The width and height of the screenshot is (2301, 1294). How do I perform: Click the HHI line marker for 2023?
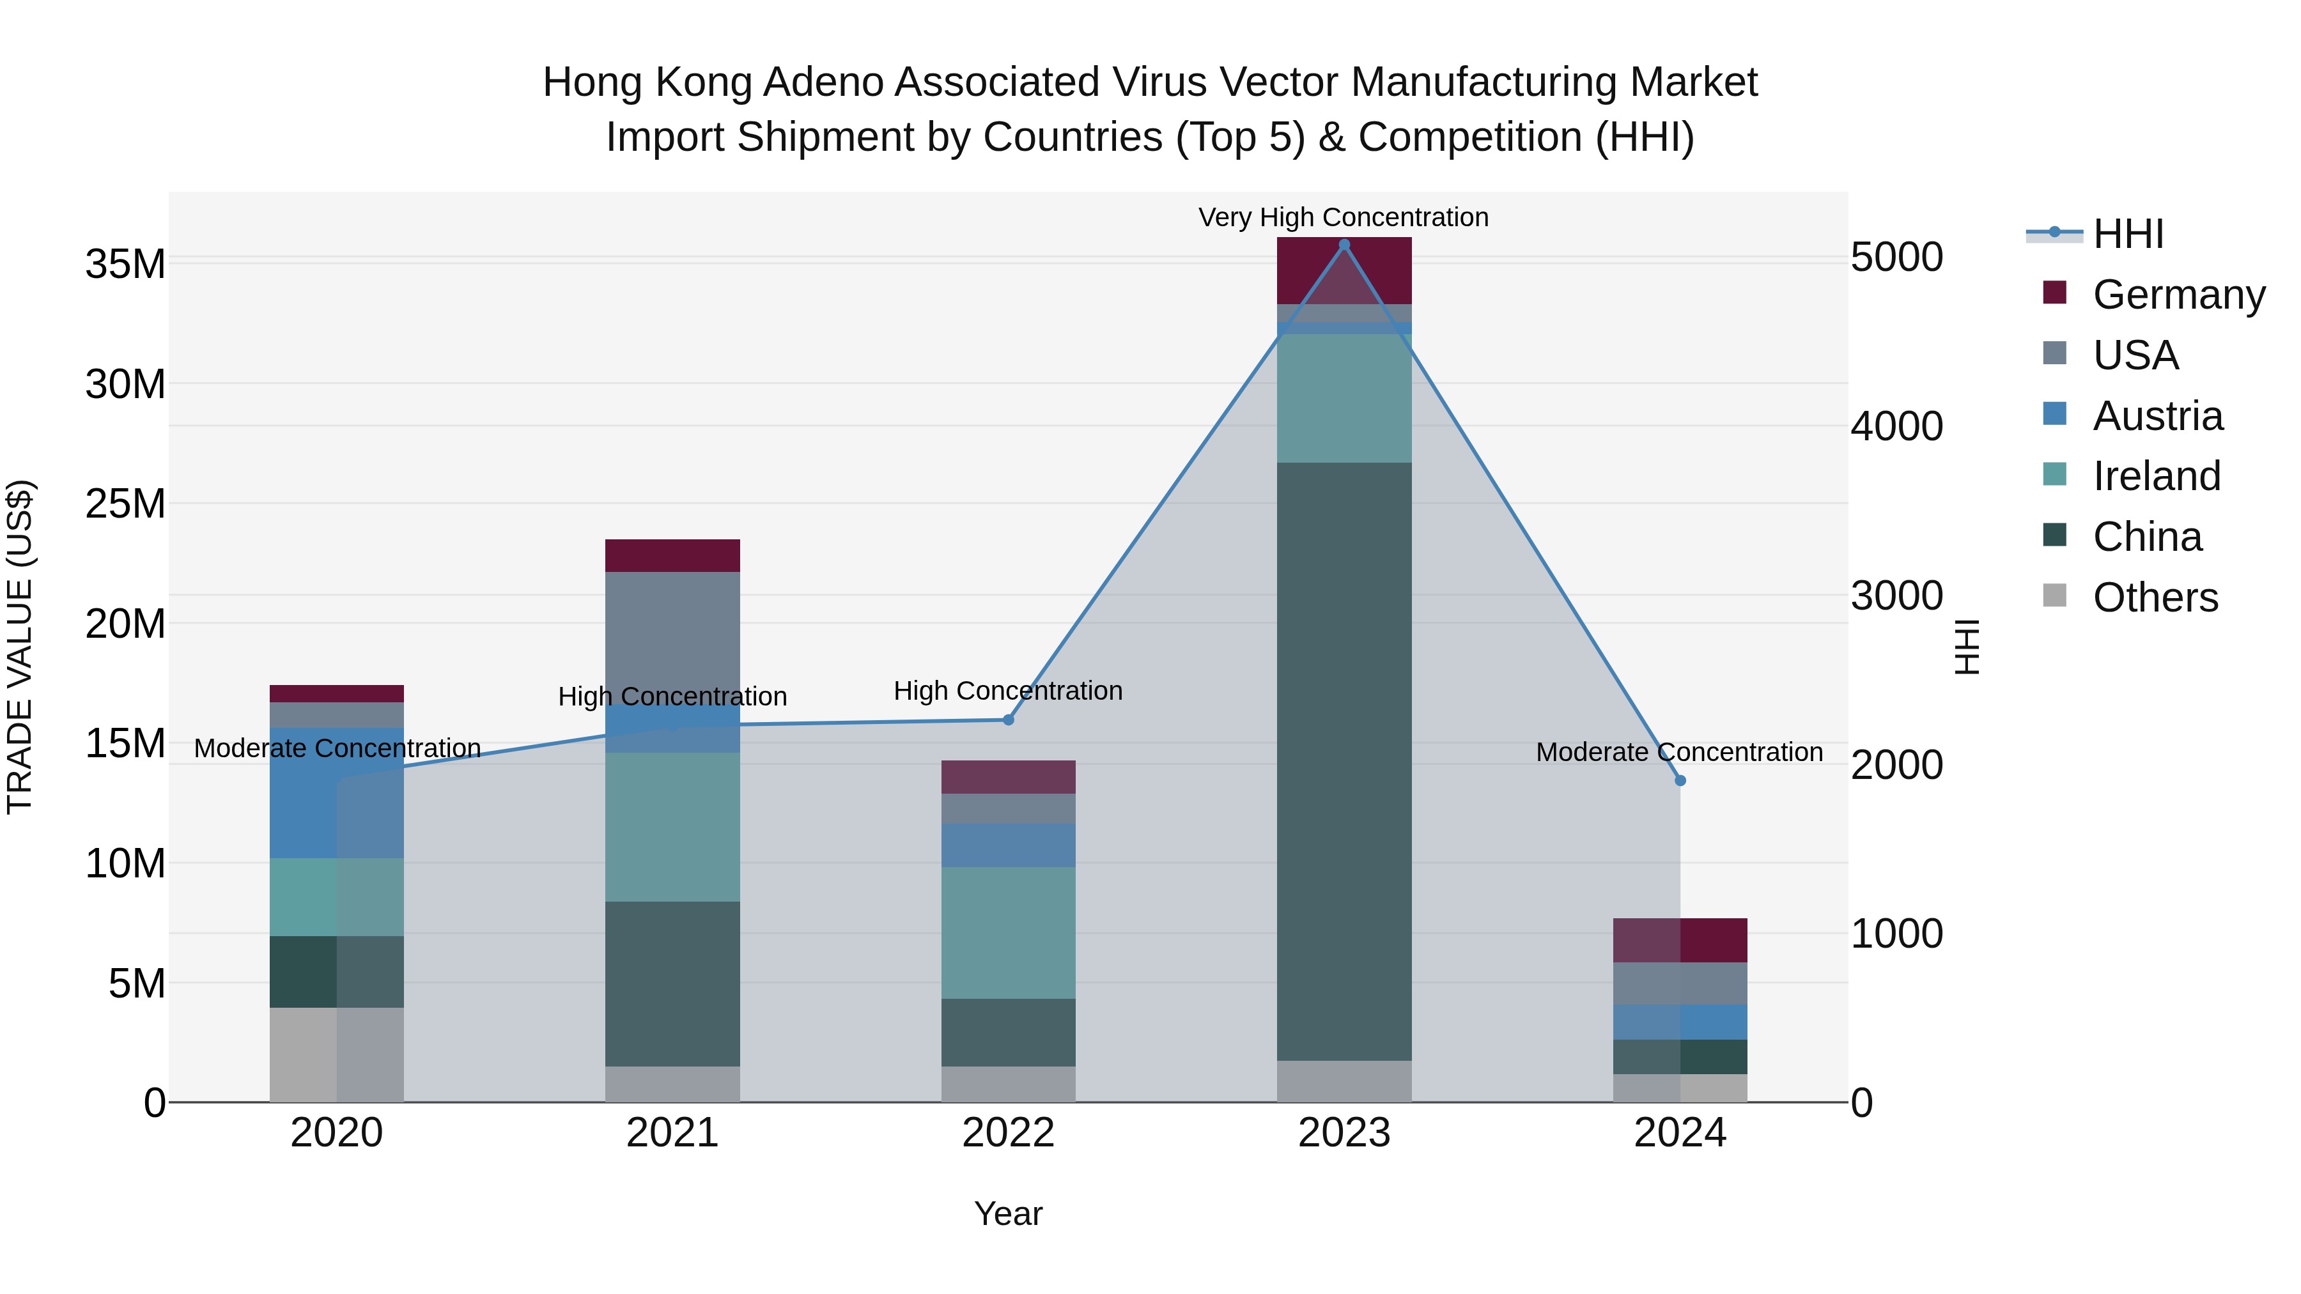pos(1344,245)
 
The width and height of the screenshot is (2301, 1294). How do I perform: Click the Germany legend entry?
pos(2178,295)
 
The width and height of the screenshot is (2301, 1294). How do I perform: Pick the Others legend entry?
pos(2155,597)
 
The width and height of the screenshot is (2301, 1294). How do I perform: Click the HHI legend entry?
pos(2128,234)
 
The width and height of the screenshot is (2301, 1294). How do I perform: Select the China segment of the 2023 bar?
pos(1344,759)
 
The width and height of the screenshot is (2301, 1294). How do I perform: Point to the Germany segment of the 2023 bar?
pos(1344,270)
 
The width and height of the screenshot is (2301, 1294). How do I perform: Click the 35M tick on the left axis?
pos(125,265)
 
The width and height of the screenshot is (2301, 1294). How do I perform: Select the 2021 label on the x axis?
pos(672,1133)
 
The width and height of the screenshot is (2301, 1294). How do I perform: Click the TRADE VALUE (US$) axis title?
pos(20,647)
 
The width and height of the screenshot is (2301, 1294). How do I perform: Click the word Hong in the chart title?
pos(594,82)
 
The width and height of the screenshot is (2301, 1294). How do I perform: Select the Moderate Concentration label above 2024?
pos(1678,752)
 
